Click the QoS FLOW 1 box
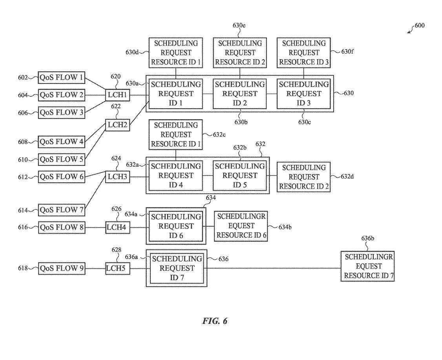[x=62, y=77]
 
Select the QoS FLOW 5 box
[x=62, y=159]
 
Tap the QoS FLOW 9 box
[x=62, y=268]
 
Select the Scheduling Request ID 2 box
[x=239, y=94]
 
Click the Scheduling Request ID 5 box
[x=239, y=175]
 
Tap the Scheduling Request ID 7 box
[x=176, y=268]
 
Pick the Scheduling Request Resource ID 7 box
[x=367, y=266]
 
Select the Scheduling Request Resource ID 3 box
[x=304, y=53]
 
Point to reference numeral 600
[x=419, y=26]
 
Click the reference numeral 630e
[x=239, y=25]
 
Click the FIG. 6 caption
[x=215, y=321]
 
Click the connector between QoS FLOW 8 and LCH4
[x=96, y=227]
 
